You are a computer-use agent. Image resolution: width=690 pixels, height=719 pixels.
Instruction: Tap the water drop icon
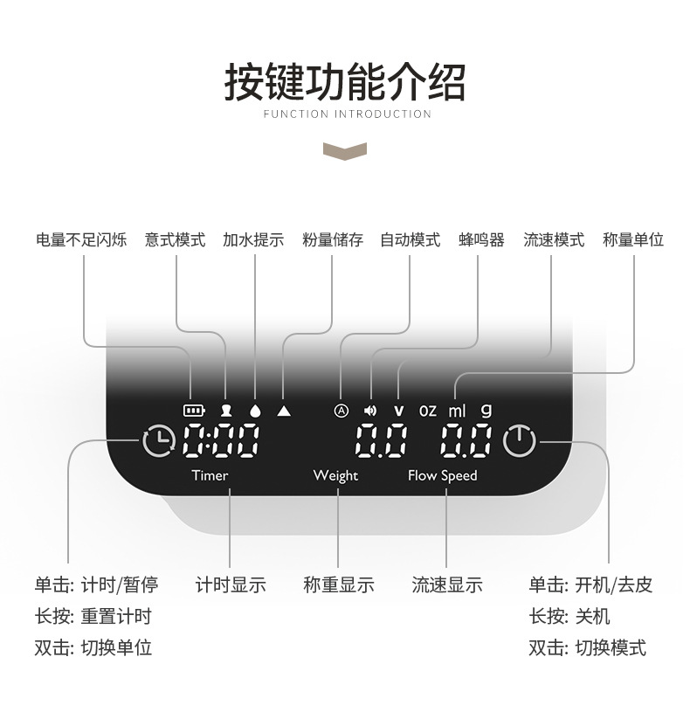pyautogui.click(x=254, y=409)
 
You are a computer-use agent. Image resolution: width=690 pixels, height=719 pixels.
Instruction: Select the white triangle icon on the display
pyautogui.click(x=283, y=409)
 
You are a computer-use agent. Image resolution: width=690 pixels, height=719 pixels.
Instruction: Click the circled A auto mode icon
pyautogui.click(x=342, y=410)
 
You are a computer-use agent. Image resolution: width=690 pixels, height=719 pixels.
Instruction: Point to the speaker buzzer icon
pyautogui.click(x=370, y=410)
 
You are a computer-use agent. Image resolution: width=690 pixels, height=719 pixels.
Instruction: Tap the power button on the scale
pyautogui.click(x=520, y=440)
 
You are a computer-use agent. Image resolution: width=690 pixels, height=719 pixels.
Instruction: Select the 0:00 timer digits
pyautogui.click(x=220, y=441)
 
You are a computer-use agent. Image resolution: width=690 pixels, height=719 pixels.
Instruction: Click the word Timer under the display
pyautogui.click(x=210, y=475)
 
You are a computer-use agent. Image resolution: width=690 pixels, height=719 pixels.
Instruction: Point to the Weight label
pyautogui.click(x=335, y=475)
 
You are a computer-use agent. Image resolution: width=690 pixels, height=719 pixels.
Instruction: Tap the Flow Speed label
pyautogui.click(x=443, y=475)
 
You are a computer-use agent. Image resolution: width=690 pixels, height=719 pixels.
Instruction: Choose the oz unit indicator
pyautogui.click(x=427, y=410)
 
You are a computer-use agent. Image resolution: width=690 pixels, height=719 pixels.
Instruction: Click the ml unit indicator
pyautogui.click(x=458, y=410)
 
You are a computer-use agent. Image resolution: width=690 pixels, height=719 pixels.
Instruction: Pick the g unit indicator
pyautogui.click(x=486, y=410)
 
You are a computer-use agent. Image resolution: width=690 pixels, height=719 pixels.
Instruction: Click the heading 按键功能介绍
pyautogui.click(x=345, y=82)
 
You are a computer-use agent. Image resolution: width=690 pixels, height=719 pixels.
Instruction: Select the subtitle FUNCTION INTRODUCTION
pyautogui.click(x=347, y=114)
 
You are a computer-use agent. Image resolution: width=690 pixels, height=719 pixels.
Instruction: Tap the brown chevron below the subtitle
pyautogui.click(x=345, y=150)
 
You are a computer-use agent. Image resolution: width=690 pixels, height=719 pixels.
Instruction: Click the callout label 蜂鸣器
pyautogui.click(x=481, y=239)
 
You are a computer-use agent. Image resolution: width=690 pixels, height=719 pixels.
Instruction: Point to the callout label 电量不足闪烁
pyautogui.click(x=81, y=239)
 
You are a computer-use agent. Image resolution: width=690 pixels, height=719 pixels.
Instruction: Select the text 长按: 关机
pyautogui.click(x=569, y=616)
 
